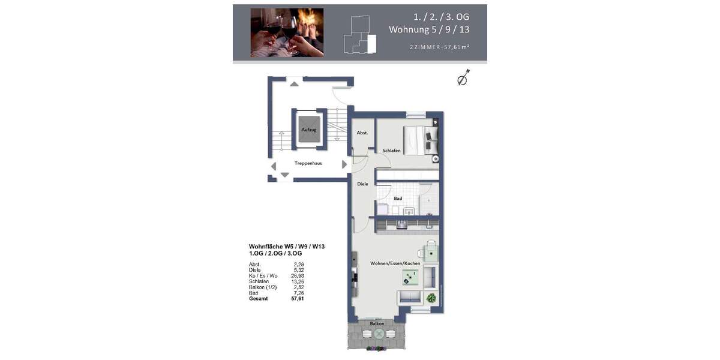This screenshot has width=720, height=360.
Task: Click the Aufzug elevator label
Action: [309, 130]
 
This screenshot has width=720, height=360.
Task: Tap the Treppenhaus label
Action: [308, 163]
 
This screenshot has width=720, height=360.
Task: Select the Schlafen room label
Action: [391, 151]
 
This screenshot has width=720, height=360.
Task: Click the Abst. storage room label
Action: [362, 133]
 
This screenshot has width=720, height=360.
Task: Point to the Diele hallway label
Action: [362, 184]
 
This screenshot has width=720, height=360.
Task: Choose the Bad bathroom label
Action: [398, 198]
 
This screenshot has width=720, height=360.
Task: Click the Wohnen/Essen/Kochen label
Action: [395, 263]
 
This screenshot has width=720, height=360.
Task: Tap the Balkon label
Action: [377, 323]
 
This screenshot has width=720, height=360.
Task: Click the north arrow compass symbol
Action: [463, 79]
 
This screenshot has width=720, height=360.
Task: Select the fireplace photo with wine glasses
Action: [287, 32]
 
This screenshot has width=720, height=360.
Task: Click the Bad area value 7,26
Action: [298, 293]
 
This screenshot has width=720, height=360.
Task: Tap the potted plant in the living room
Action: [431, 297]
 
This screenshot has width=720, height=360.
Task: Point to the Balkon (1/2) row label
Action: [262, 287]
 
